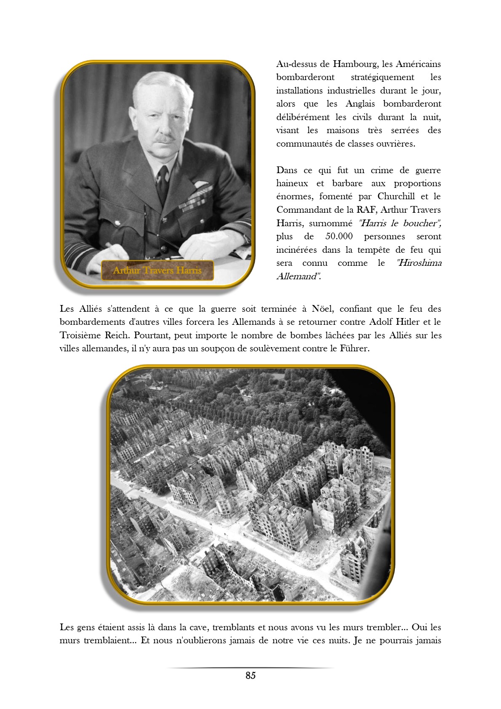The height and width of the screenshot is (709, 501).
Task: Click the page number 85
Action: click(x=250, y=675)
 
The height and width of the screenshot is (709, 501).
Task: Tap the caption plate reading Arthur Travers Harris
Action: click(x=157, y=270)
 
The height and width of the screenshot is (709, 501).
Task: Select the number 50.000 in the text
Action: click(x=339, y=236)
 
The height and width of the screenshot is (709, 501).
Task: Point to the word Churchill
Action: click(x=396, y=196)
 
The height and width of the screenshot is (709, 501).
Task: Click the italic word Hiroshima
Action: click(x=419, y=263)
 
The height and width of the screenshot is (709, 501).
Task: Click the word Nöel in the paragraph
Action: click(x=322, y=309)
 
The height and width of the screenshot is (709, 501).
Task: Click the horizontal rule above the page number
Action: click(x=250, y=668)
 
